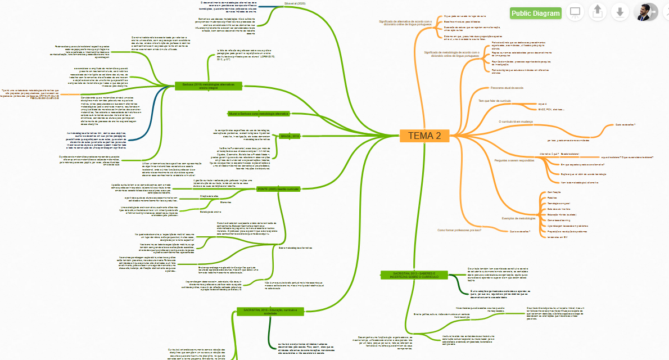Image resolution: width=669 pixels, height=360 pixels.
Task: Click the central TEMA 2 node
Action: pos(424,136)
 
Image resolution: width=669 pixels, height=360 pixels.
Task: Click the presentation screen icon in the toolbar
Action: pos(575,12)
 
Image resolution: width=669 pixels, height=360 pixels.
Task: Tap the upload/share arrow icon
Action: pos(598,12)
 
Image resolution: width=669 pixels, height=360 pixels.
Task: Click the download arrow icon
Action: pos(620,12)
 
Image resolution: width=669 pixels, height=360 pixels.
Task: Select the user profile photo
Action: pos(645,12)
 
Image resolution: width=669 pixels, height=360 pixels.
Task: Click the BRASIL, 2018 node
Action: pos(290,136)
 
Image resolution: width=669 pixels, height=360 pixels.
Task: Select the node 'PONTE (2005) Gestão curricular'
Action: pos(278,190)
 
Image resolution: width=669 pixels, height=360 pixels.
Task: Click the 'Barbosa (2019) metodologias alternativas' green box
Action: pos(208,85)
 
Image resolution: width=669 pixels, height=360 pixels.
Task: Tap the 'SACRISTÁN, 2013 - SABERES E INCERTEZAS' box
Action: pos(414,274)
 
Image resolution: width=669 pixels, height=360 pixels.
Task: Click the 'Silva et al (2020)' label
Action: pos(295,3)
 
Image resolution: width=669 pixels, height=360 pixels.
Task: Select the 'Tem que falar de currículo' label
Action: pos(494,101)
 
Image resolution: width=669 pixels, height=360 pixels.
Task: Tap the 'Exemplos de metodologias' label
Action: pos(518,218)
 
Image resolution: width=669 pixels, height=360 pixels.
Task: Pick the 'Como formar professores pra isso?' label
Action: pos(459,230)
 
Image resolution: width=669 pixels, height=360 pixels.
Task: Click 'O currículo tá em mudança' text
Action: pos(516,121)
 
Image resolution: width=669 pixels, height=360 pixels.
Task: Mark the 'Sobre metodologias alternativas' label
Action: pos(295,248)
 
